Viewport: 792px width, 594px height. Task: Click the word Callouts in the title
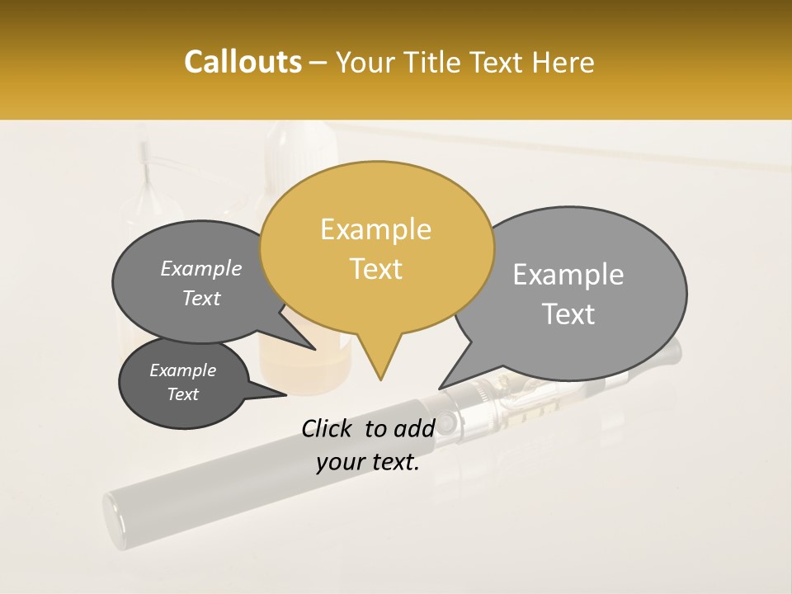(243, 62)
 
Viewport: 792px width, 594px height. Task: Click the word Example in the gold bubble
(375, 229)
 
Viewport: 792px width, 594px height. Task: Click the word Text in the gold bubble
(376, 269)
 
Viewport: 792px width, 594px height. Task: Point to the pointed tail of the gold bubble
(380, 378)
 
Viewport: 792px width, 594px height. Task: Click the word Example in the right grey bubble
(568, 275)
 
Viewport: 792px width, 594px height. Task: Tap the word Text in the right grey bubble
(569, 314)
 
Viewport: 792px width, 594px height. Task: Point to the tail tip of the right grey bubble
(440, 388)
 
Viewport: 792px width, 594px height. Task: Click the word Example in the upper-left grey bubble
(201, 269)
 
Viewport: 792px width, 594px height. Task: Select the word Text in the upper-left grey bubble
(201, 298)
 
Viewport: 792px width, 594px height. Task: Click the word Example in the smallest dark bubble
(183, 370)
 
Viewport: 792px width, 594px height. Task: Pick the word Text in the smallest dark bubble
(183, 394)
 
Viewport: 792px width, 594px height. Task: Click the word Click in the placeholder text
(329, 428)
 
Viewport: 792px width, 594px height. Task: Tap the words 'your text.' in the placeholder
(368, 463)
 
